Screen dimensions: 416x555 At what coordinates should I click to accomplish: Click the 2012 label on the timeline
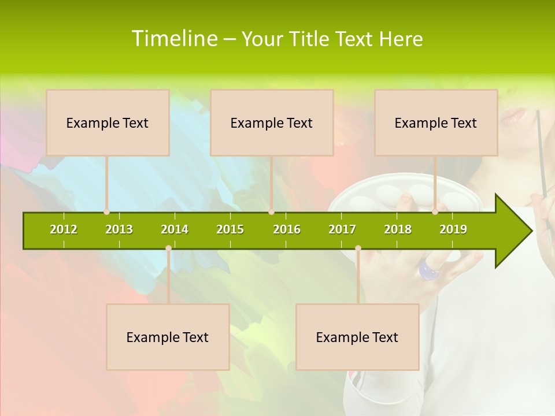tap(64, 229)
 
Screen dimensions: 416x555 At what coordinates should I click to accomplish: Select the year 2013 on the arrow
tap(119, 229)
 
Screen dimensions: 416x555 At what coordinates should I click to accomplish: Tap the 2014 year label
tap(175, 229)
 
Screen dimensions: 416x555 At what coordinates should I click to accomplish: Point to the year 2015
tap(230, 229)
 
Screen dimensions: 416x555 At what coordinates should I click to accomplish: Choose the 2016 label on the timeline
tap(287, 229)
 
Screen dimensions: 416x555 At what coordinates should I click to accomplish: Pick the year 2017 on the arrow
tap(342, 229)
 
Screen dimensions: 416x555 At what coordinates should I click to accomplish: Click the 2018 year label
tap(398, 229)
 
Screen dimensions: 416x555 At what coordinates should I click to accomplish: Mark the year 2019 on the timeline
tap(453, 229)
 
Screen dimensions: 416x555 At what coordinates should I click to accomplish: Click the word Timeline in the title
tap(174, 39)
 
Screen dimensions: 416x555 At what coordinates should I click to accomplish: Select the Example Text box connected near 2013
tap(108, 122)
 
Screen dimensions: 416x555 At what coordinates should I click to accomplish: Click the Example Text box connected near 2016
tap(272, 122)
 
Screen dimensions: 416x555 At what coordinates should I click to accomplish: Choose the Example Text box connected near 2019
tap(436, 122)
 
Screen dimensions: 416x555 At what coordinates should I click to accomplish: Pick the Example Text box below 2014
tap(168, 337)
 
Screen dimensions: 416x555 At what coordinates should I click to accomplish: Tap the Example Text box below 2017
tap(357, 337)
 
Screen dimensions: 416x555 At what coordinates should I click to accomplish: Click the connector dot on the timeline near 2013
tap(106, 212)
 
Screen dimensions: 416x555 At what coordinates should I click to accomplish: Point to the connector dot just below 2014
tap(168, 248)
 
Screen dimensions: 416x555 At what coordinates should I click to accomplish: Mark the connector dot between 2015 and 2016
tap(271, 212)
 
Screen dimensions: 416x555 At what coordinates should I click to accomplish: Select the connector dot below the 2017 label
tap(358, 248)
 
